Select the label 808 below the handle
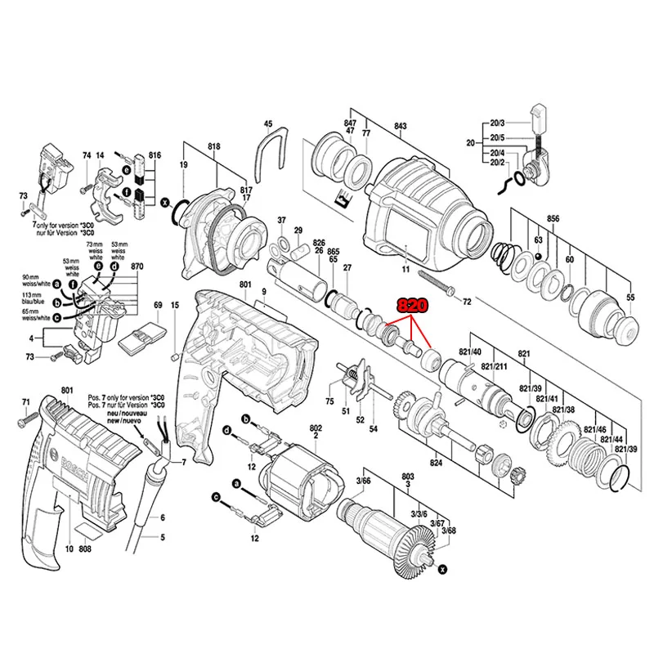84,549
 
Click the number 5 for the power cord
163,537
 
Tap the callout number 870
137,267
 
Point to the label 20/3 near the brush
498,123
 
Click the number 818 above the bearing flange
215,146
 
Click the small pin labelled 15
174,356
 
